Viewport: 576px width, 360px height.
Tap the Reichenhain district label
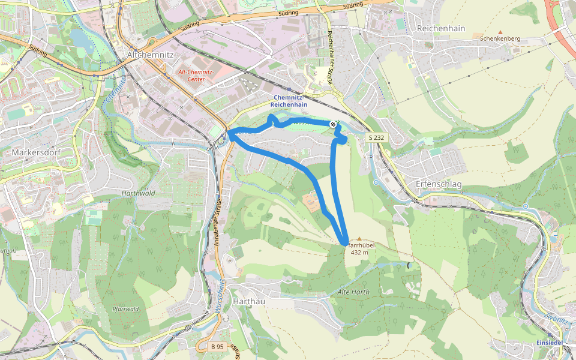click(x=440, y=28)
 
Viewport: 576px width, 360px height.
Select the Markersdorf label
click(x=36, y=152)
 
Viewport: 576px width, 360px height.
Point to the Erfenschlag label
click(x=439, y=184)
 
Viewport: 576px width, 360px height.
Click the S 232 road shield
click(x=375, y=138)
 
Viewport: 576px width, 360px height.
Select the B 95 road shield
click(x=217, y=347)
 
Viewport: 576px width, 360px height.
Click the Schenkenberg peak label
click(x=500, y=38)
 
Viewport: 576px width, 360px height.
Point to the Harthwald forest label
click(x=138, y=193)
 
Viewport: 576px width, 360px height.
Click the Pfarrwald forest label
click(x=125, y=309)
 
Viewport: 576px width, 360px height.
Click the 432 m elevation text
click(x=359, y=252)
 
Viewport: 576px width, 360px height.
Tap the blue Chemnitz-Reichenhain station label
click(x=290, y=100)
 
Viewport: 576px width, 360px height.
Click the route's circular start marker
click(x=333, y=124)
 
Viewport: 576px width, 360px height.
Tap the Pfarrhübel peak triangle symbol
click(x=359, y=239)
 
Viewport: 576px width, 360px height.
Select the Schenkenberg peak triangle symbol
click(x=500, y=31)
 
